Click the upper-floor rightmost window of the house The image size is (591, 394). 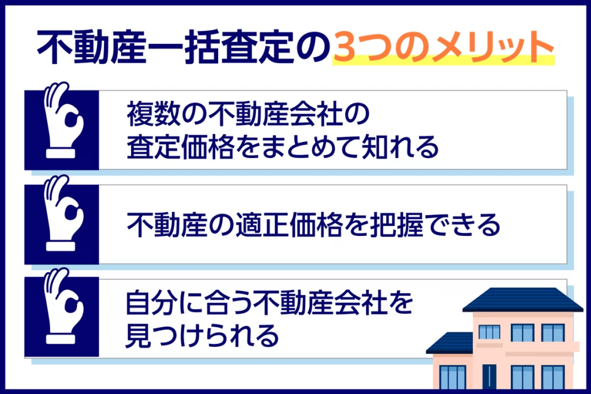[552, 333]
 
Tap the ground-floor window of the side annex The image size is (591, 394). [452, 378]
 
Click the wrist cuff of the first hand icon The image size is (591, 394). [62, 154]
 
